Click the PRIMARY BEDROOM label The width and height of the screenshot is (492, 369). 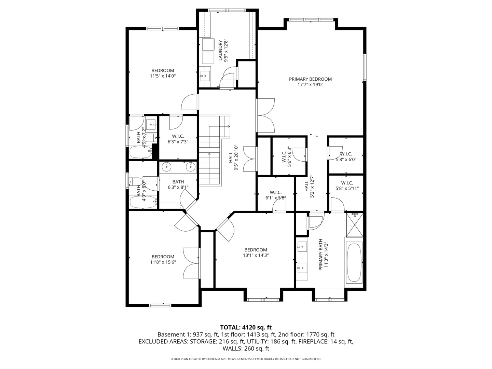click(310, 79)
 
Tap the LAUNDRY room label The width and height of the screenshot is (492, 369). click(220, 50)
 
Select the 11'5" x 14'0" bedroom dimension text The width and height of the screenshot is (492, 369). click(163, 76)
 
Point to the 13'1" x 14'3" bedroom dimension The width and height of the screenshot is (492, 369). click(256, 255)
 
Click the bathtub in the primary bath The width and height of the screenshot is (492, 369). click(354, 262)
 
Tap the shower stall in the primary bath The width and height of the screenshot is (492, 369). click(355, 225)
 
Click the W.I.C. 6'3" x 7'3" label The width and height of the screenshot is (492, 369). click(178, 139)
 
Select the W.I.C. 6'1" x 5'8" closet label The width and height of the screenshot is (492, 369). click(276, 195)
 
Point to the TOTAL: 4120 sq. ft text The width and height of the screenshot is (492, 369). click(246, 327)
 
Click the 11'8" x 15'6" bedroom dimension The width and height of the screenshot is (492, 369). click(163, 262)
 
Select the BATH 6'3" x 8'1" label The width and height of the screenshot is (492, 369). click(178, 184)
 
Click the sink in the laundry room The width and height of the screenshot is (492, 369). click(205, 76)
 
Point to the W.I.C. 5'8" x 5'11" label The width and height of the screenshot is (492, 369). click(347, 186)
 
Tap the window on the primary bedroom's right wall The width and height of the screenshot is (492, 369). click(365, 67)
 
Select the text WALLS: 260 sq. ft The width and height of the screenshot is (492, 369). click(246, 348)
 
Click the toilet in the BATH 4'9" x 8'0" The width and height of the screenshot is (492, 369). click(136, 181)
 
